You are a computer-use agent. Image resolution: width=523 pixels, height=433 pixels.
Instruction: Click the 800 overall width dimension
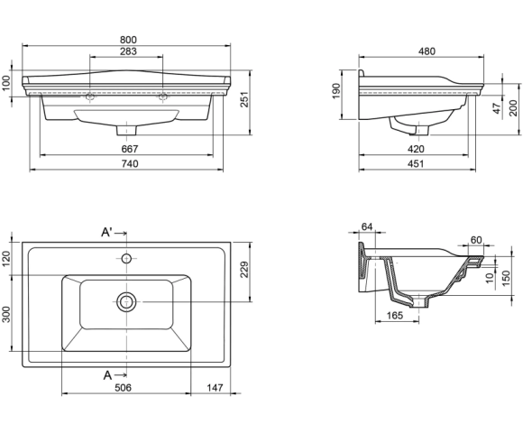tap(128, 40)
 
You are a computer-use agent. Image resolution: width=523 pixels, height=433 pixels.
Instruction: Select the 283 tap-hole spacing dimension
tap(128, 51)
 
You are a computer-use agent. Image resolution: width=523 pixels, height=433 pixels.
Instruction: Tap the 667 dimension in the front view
tap(130, 149)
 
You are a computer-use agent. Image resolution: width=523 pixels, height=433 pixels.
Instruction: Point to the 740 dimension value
tap(130, 164)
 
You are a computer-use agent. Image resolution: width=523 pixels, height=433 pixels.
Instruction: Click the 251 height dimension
tap(245, 99)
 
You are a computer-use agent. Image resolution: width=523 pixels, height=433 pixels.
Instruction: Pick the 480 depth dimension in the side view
tap(427, 51)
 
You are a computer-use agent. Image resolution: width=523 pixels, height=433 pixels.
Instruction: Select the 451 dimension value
tap(416, 164)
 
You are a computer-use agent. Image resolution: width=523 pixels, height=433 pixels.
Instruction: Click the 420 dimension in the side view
tap(416, 149)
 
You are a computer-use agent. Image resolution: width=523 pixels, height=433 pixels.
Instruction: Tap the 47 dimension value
tap(498, 108)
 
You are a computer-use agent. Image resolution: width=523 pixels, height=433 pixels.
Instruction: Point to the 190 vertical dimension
tap(335, 91)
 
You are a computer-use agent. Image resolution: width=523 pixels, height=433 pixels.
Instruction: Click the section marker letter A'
tap(106, 232)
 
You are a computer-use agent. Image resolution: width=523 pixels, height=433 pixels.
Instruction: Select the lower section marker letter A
tap(107, 375)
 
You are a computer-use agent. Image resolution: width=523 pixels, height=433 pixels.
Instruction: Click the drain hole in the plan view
tap(126, 302)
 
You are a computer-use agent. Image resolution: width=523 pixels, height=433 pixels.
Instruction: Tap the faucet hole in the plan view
tap(126, 258)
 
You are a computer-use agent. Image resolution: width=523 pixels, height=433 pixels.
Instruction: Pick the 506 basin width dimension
tap(123, 388)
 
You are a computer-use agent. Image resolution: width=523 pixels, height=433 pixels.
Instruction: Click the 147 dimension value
tap(215, 388)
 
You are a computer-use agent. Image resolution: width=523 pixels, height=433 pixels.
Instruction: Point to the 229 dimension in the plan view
tap(245, 269)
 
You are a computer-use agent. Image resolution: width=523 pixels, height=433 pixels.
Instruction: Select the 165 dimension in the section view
tap(395, 315)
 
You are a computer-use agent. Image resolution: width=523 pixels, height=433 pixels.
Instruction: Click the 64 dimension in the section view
tap(367, 226)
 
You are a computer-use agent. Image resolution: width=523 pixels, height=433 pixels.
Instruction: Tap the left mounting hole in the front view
tap(90, 97)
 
